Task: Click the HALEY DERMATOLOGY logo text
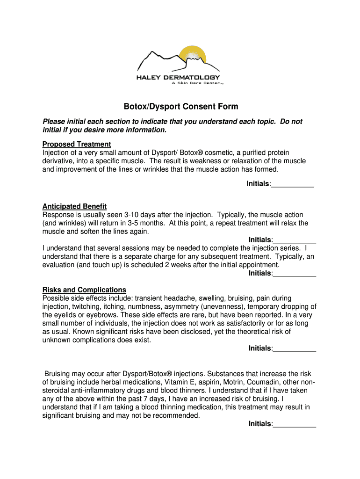[x=178, y=77]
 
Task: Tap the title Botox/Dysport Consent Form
[x=180, y=107]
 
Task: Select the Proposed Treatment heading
[x=77, y=144]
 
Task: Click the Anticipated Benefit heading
[x=74, y=206]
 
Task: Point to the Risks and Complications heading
[x=84, y=290]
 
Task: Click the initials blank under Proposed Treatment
[x=292, y=184]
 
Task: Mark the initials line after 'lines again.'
[x=294, y=240]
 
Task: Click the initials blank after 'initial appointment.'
[x=294, y=273]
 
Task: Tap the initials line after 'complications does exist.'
[x=294, y=348]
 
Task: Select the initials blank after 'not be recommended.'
[x=294, y=424]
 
